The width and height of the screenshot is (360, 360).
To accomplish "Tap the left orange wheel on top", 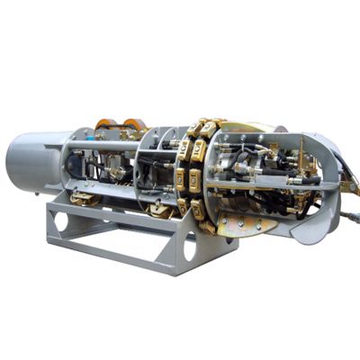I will (106, 125).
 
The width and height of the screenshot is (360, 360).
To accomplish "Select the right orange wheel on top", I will (134, 125).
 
